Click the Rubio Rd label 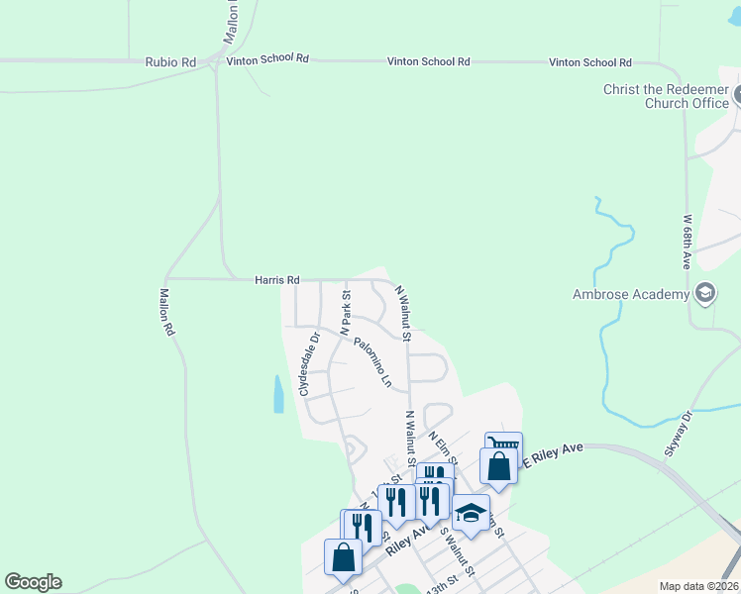(x=170, y=61)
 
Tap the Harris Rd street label (x=276, y=281)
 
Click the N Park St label (x=347, y=311)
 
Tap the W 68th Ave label (x=687, y=240)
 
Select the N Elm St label (x=442, y=445)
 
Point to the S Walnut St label (x=458, y=552)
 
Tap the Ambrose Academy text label (x=630, y=294)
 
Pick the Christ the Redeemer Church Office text (x=666, y=96)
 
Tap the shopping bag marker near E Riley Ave (x=499, y=465)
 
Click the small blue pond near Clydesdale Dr (x=278, y=394)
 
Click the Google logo (x=33, y=582)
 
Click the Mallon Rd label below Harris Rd (x=166, y=312)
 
